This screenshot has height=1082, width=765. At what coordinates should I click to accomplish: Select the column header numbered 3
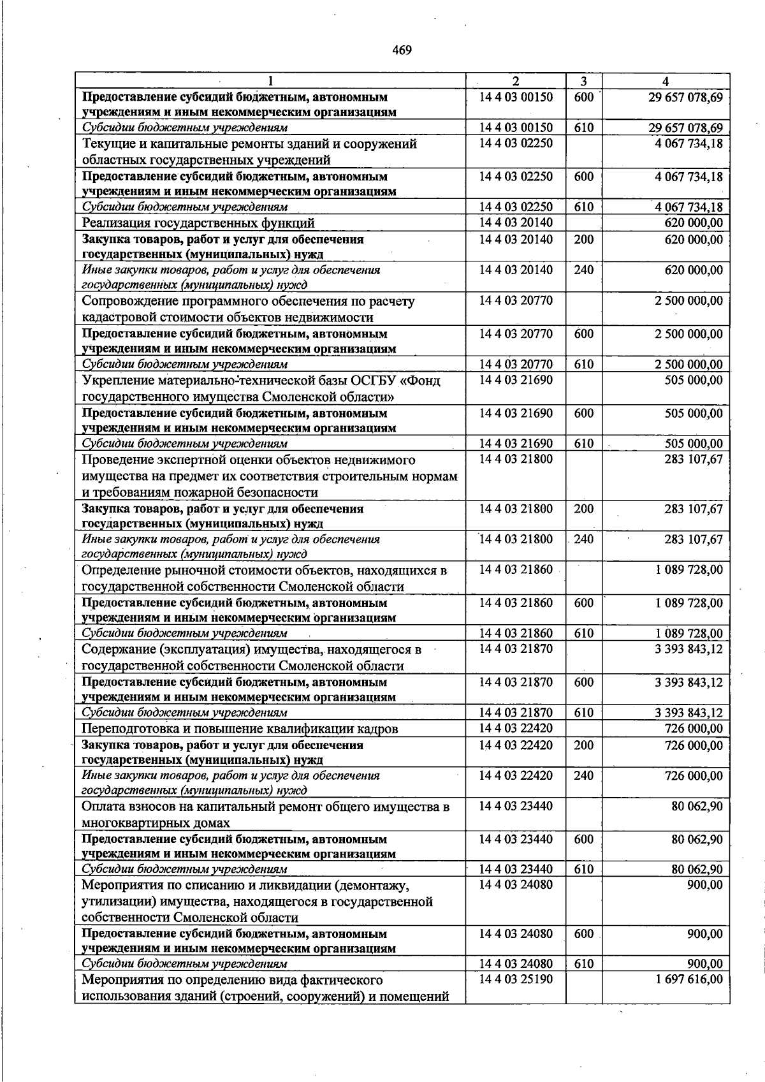(583, 82)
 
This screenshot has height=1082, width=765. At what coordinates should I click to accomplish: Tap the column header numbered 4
(666, 82)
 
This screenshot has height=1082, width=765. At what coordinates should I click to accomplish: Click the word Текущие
(106, 144)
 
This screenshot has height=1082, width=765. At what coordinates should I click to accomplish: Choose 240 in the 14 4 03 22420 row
(583, 776)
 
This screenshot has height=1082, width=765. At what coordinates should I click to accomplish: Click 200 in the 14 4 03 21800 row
(583, 509)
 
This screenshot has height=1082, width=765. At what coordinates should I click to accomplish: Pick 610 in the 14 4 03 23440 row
(583, 869)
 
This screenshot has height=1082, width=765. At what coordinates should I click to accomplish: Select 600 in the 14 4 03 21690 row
(583, 413)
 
